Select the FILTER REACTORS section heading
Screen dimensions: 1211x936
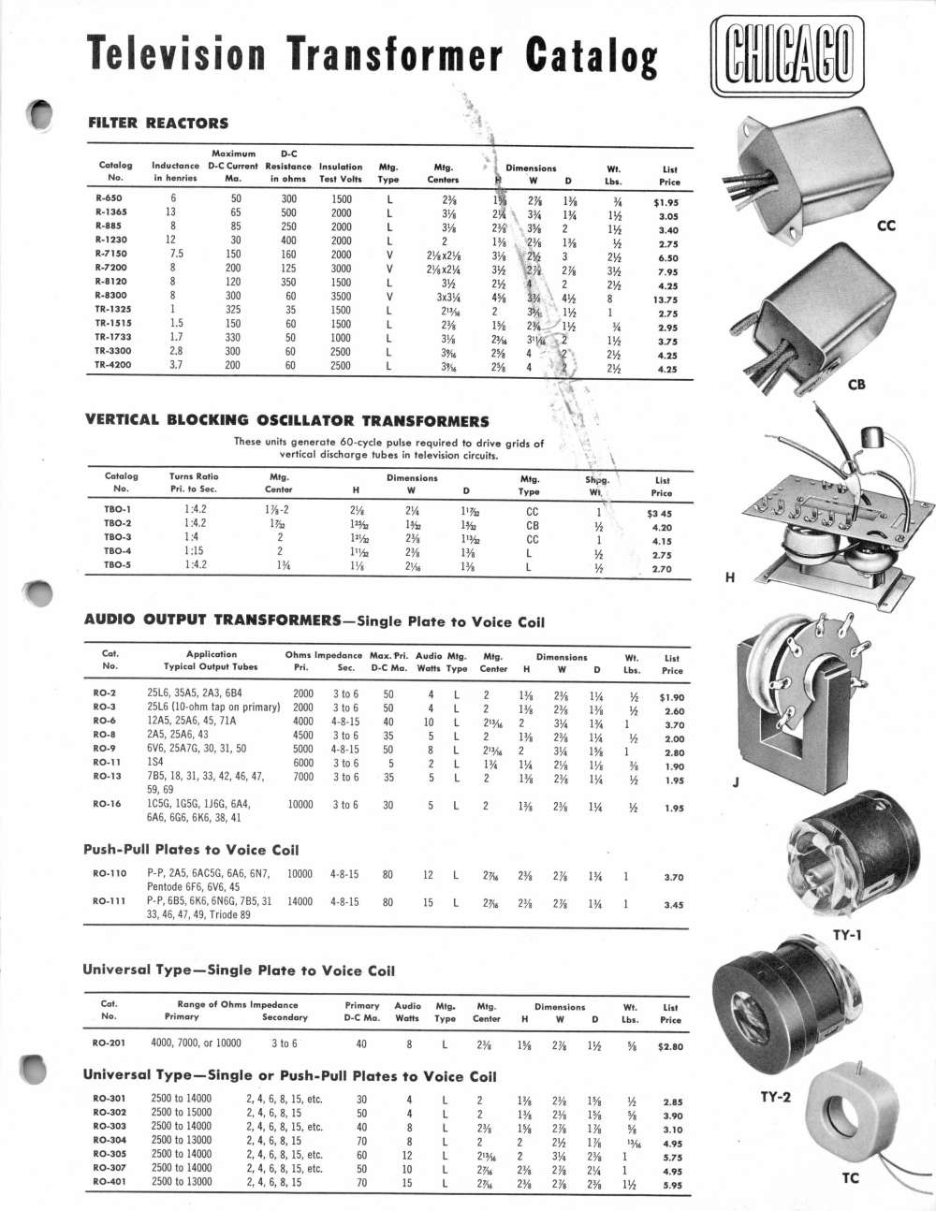(157, 123)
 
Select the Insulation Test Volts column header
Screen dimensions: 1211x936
(341, 173)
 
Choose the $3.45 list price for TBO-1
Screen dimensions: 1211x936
(659, 513)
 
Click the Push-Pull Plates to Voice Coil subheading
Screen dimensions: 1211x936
(191, 850)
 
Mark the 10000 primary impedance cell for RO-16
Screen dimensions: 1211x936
(300, 805)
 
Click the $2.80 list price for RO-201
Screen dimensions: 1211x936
(669, 1046)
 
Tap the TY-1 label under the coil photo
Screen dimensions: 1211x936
(845, 935)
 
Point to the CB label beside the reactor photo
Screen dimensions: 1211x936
(856, 385)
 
